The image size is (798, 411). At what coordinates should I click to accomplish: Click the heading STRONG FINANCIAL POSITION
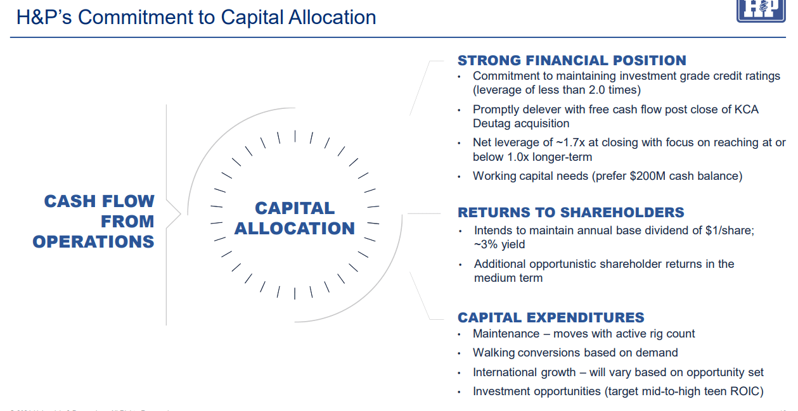572,61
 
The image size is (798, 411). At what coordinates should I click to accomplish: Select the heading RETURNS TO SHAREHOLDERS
570,213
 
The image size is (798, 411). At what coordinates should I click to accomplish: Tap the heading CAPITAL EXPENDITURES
551,318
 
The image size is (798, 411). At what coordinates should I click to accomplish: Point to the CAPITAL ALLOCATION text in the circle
295,218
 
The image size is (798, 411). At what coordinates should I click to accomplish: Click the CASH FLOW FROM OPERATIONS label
94,222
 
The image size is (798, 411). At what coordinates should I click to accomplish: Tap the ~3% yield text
499,244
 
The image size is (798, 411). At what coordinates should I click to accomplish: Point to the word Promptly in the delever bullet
494,110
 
